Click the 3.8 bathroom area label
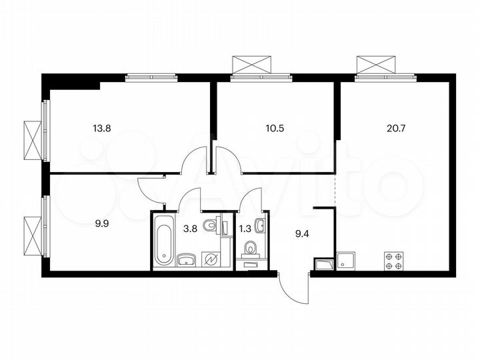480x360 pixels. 189,228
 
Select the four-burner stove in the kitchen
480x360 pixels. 393,260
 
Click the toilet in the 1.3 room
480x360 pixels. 251,249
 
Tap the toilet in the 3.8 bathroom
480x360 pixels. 210,226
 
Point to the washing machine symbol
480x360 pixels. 212,258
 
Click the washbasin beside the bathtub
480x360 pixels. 186,259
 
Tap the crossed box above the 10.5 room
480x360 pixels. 252,65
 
